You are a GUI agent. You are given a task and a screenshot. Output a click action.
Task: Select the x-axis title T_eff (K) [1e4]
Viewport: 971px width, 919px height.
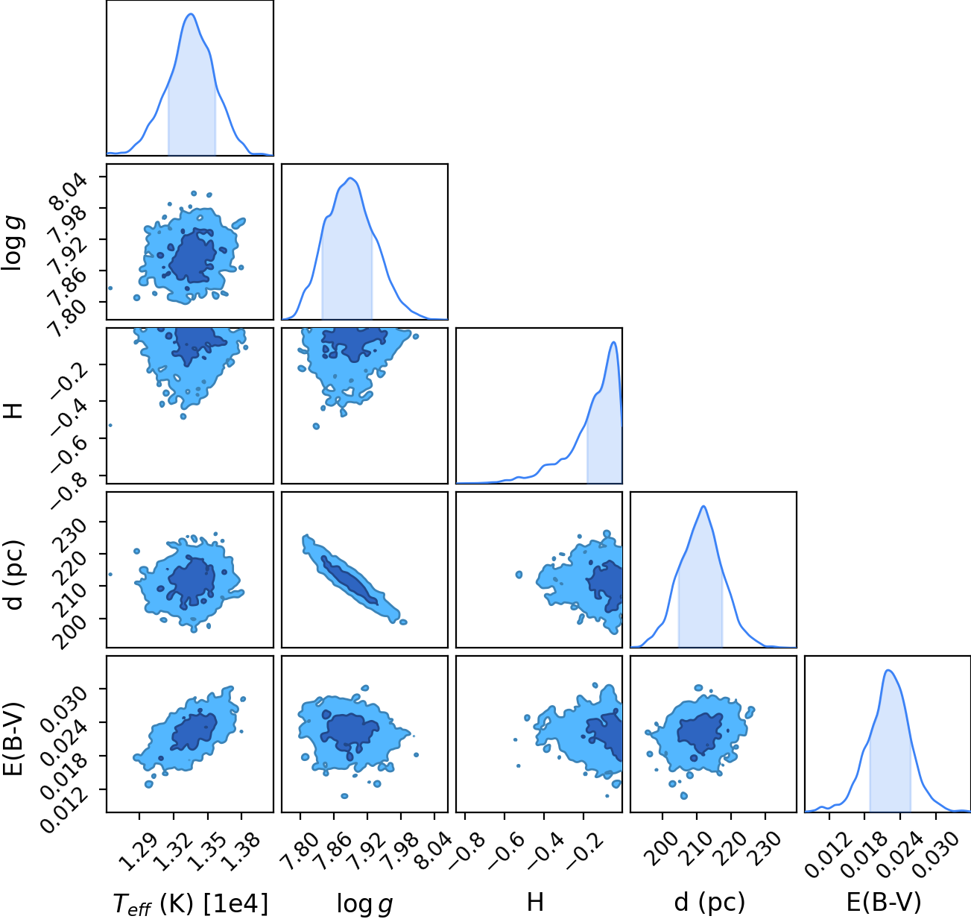click(x=191, y=903)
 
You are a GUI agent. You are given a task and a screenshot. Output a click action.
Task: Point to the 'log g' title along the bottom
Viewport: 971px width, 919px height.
click(x=364, y=904)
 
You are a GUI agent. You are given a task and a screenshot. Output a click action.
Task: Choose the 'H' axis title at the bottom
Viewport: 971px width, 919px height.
click(x=536, y=903)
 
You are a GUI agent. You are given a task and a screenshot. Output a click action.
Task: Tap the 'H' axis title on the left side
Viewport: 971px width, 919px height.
click(x=13, y=411)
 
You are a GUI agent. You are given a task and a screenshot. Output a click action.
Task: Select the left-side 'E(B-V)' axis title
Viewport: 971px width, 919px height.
click(x=13, y=738)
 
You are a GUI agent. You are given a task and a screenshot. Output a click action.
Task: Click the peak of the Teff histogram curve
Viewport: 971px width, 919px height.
click(x=191, y=14)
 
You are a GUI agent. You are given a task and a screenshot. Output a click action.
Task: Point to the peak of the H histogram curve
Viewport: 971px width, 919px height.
click(x=613, y=342)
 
